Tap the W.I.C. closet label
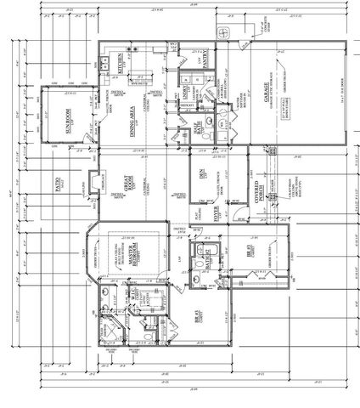(134, 297)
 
